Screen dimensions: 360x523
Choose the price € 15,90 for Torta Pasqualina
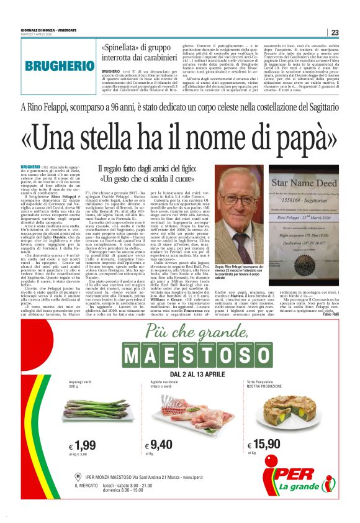point(263,445)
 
